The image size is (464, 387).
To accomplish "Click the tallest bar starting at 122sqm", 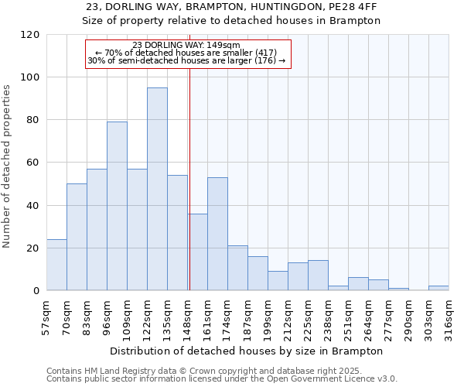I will click(157, 189).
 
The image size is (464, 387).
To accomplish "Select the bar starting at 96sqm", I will click(117, 206).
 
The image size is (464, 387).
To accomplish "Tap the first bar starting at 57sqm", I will click(56, 265).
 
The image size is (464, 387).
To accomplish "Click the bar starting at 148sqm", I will click(197, 252).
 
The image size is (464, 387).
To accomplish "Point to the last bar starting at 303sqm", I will click(438, 288).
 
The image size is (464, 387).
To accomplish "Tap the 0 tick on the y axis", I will click(36, 291).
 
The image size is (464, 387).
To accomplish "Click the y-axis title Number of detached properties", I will click(7, 166).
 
